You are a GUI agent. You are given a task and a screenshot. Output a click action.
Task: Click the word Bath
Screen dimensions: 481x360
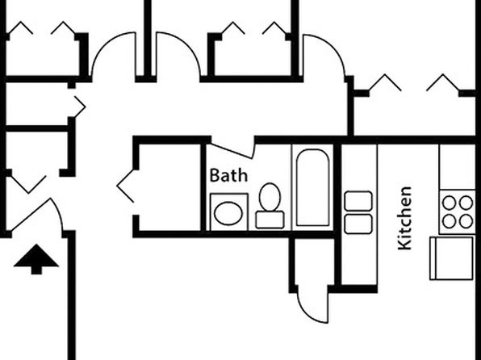228,175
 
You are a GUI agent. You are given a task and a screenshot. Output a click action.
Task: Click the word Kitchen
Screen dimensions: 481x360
404,218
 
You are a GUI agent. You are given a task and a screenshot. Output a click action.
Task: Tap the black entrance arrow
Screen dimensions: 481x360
36,259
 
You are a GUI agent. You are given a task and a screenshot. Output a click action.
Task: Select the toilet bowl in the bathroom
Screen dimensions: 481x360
270,197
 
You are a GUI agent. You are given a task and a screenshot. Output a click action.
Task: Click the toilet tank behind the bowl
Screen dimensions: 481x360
270,220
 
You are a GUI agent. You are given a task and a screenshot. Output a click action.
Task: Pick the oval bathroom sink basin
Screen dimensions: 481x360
228,213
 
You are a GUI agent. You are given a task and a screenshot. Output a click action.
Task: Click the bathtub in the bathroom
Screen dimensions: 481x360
312,187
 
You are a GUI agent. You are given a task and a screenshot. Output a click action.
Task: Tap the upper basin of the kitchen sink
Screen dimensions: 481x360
358,201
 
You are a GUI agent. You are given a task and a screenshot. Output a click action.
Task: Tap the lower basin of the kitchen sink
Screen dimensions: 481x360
358,224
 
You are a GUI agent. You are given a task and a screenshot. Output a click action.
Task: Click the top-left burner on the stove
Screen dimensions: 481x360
450,203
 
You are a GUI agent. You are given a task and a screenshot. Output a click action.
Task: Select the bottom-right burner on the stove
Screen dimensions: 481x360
466,221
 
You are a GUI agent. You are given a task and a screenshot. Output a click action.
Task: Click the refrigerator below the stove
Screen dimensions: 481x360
451,258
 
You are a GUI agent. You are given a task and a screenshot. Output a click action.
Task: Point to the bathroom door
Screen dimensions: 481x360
232,151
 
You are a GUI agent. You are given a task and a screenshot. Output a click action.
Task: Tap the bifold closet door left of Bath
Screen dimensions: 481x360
125,186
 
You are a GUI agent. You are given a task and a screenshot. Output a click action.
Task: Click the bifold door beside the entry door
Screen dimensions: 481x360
28,184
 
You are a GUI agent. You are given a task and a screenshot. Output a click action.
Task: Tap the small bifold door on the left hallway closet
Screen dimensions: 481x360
79,107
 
